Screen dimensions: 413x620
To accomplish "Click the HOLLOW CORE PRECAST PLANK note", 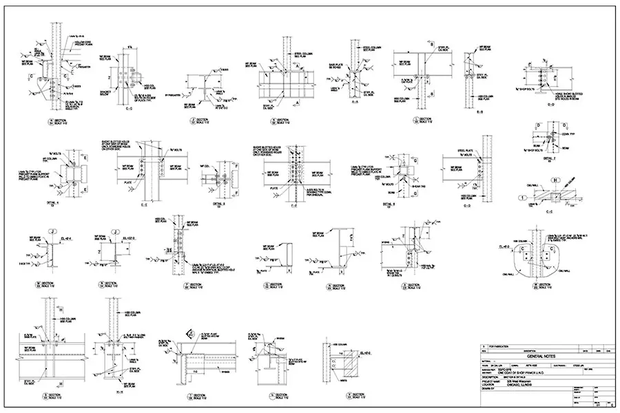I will [x=81, y=43].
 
